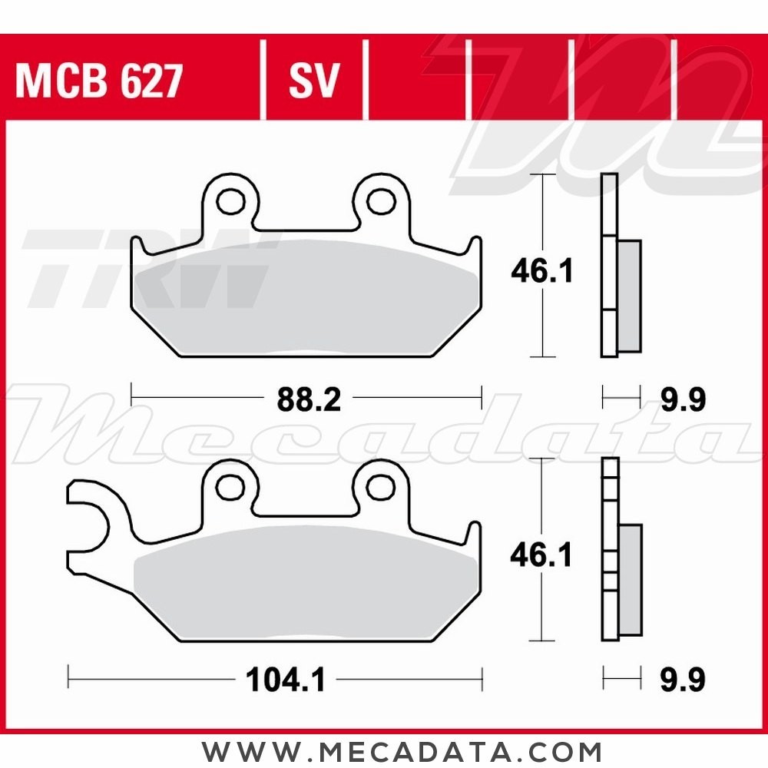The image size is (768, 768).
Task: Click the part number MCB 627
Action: (x=99, y=81)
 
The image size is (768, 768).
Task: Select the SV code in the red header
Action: (x=313, y=81)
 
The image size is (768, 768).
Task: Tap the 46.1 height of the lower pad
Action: (x=541, y=555)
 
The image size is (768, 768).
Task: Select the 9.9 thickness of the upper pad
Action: (x=683, y=399)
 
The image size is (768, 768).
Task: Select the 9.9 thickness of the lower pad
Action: (x=683, y=679)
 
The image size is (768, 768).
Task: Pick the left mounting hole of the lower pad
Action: (x=227, y=485)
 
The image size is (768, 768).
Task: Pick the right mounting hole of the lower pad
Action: (x=378, y=485)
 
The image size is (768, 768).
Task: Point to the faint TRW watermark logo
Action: (x=146, y=269)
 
